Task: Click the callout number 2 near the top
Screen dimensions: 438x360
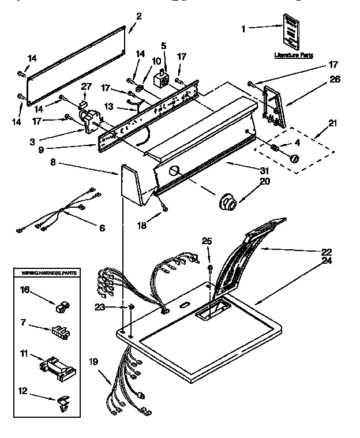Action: (138, 16)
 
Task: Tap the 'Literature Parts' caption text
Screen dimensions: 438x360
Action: (294, 55)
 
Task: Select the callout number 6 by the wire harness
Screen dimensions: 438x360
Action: (102, 228)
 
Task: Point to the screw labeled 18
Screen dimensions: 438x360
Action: (165, 207)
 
